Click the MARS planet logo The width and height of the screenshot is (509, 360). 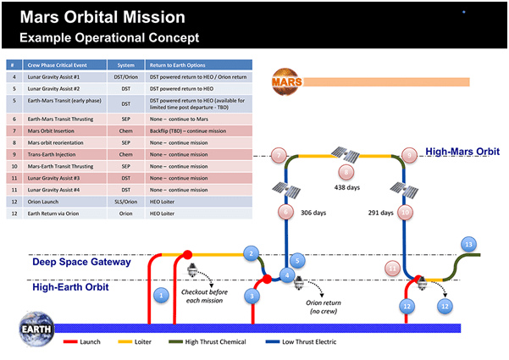pos(282,82)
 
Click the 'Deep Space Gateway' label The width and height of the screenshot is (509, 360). pos(81,262)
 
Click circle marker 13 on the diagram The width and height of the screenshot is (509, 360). pos(468,244)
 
